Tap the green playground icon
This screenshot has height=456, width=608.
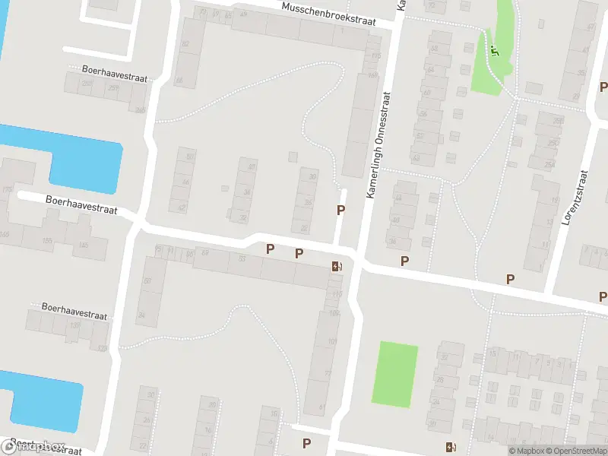tap(495, 52)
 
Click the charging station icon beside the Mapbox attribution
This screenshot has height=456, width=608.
tap(451, 447)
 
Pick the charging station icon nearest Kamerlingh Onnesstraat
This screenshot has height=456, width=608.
tap(337, 266)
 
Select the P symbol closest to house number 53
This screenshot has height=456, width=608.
tap(270, 248)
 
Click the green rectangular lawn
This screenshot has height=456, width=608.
tap(395, 373)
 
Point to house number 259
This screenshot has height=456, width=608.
tap(113, 89)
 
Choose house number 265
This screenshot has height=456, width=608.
tap(140, 110)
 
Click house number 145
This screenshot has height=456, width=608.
tap(83, 245)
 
